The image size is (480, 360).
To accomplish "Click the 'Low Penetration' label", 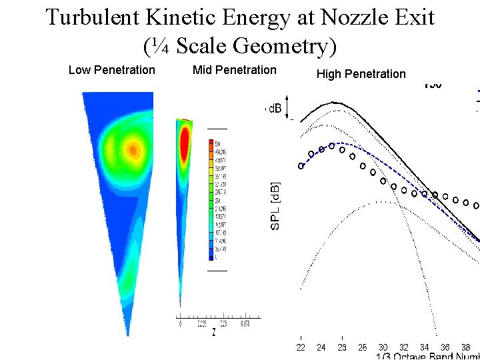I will pyautogui.click(x=111, y=70).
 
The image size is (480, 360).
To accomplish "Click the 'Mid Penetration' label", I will pyautogui.click(x=234, y=70).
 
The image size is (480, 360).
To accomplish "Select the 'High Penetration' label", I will pyautogui.click(x=361, y=74).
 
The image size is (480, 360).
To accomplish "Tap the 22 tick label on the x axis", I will pyautogui.click(x=301, y=347).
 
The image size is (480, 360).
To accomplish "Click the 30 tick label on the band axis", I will pyautogui.click(x=383, y=347).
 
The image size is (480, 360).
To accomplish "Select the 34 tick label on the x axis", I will pyautogui.click(x=424, y=347).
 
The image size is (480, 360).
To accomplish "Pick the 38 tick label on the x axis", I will pyautogui.click(x=465, y=347).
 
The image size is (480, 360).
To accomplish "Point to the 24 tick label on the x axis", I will pyautogui.click(x=321, y=347).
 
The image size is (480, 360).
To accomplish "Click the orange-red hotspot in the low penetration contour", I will pyautogui.click(x=134, y=149).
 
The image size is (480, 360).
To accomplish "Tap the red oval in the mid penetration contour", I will pyautogui.click(x=185, y=143).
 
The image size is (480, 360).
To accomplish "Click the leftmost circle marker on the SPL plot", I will pyautogui.click(x=301, y=166).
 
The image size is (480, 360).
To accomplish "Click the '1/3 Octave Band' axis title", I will pyautogui.click(x=427, y=356).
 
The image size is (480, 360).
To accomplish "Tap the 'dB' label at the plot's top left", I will pyautogui.click(x=275, y=109).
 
